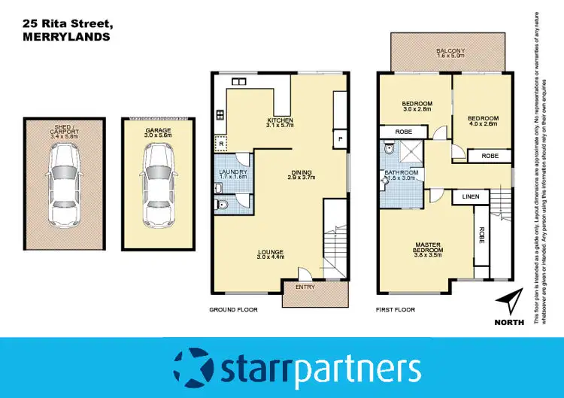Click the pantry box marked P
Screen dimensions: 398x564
click(x=339, y=140)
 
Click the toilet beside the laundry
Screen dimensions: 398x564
click(x=224, y=204)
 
